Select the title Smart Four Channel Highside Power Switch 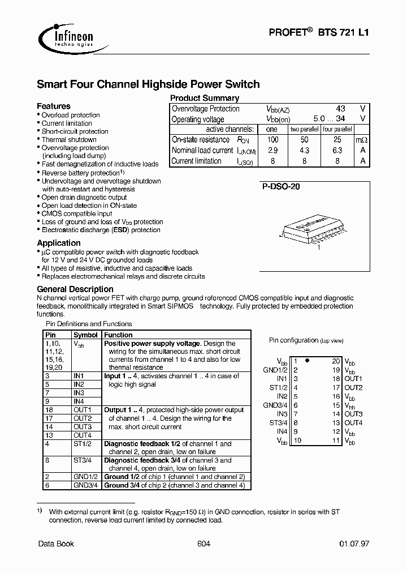[x=148, y=84]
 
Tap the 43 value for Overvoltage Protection [x=340, y=109]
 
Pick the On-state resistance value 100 [x=273, y=140]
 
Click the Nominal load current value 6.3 [x=337, y=151]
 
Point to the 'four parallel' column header [x=337, y=130]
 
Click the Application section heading [x=59, y=243]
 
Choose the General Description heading [x=75, y=289]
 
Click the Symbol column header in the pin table [x=86, y=335]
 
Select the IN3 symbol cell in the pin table [x=79, y=393]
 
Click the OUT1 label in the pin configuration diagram [x=353, y=378]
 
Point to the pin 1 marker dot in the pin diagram [x=307, y=361]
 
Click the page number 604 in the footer [x=203, y=544]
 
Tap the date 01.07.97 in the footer [x=354, y=544]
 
